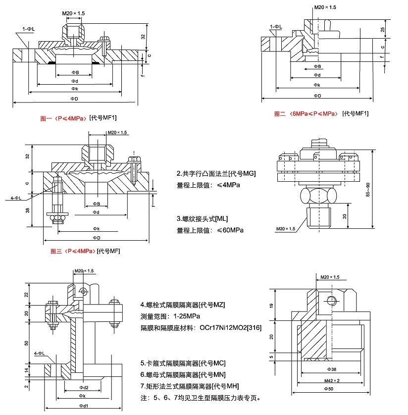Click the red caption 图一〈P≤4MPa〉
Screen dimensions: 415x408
pyautogui.click(x=64, y=118)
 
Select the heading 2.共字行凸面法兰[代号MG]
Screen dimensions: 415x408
pyautogui.click(x=216, y=174)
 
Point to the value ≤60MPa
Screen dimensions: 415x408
pyautogui.click(x=230, y=230)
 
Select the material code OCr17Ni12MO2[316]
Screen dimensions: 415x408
pyautogui.click(x=230, y=328)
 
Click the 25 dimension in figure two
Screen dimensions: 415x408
pyautogui.click(x=383, y=30)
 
